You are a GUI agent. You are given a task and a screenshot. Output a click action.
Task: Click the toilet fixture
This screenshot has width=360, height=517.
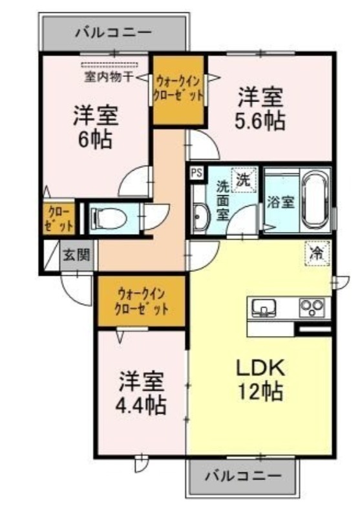109,218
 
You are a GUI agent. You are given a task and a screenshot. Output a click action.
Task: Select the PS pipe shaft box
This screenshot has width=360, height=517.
197,173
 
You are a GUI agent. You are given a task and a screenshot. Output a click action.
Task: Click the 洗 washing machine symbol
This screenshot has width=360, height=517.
243,180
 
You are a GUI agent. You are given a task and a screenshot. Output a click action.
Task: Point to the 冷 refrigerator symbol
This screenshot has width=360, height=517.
317,253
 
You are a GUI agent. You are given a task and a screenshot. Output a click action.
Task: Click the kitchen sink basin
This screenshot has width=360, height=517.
264,308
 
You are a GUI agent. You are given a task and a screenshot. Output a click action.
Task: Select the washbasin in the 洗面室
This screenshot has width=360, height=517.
200,218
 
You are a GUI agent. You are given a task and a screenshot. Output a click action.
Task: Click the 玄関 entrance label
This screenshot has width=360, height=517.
77,255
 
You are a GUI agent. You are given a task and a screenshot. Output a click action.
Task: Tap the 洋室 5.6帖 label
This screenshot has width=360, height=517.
260,109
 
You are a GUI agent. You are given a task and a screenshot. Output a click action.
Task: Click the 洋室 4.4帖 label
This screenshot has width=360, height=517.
141,393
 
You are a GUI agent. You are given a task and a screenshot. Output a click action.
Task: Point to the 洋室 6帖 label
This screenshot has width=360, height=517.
95,127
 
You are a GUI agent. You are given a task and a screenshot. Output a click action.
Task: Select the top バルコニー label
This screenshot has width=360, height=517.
114,32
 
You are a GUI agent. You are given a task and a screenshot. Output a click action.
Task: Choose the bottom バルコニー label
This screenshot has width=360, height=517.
244,476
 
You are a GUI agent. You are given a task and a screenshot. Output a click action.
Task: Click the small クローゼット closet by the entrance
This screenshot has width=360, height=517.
59,218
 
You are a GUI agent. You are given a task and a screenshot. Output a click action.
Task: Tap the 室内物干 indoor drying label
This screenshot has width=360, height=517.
109,77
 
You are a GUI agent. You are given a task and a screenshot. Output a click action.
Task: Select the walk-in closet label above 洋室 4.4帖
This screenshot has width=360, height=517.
142,301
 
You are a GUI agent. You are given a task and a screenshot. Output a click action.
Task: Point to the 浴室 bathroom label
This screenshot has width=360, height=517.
281,202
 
